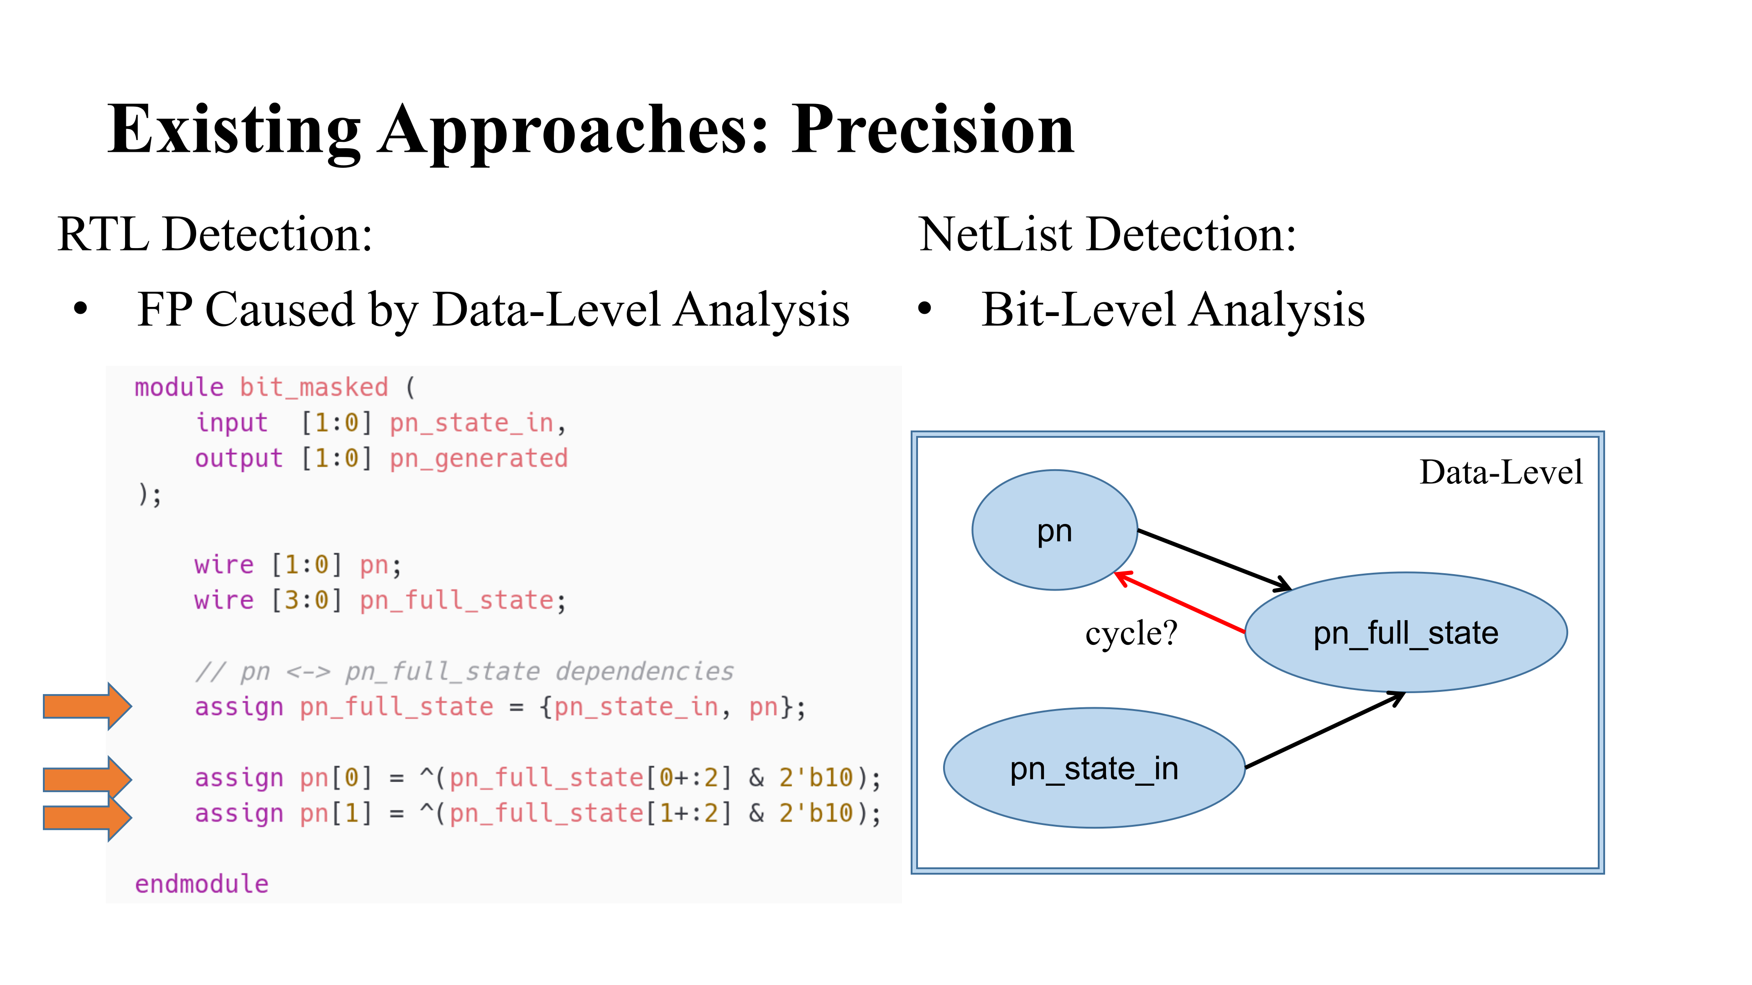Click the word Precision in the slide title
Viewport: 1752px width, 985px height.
pos(933,129)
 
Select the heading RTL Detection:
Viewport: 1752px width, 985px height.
pos(215,234)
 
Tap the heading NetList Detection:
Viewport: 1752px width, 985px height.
pos(1107,234)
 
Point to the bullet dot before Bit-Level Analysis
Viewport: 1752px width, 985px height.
pos(924,309)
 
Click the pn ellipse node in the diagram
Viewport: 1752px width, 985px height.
pos(1054,530)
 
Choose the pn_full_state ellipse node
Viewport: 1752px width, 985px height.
pos(1406,632)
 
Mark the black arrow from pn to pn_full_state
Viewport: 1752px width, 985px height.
pos(1215,560)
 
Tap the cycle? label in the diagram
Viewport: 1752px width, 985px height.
pos(1131,633)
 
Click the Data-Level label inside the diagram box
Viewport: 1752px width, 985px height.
pos(1501,472)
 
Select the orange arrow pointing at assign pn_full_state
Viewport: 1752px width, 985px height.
pos(87,706)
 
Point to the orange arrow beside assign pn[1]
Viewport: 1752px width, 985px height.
pos(87,817)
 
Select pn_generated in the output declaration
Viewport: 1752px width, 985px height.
pos(478,459)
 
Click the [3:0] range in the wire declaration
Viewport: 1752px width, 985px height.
pos(307,600)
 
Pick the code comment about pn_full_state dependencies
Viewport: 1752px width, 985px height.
pos(464,672)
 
